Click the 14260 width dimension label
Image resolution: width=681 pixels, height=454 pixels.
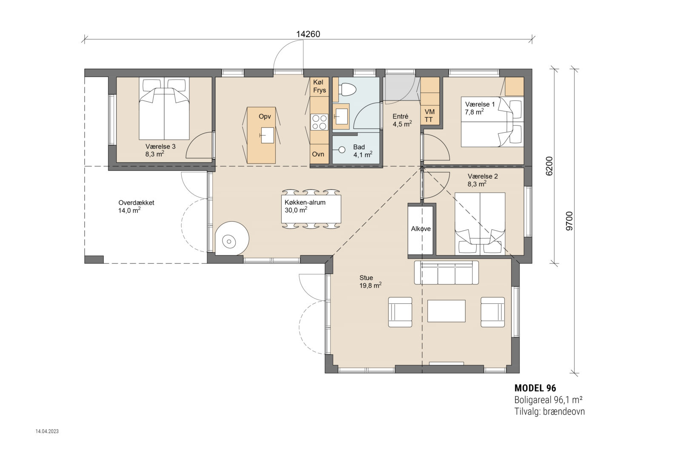point(308,34)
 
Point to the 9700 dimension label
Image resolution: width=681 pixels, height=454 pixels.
point(569,221)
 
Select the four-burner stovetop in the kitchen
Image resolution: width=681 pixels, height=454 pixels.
point(319,122)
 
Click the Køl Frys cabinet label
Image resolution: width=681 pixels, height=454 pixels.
point(319,86)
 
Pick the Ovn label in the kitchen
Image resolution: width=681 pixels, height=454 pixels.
point(318,154)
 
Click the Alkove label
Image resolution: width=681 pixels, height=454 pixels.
point(421,229)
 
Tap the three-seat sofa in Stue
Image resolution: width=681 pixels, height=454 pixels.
point(446,273)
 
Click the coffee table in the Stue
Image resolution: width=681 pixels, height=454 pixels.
point(446,311)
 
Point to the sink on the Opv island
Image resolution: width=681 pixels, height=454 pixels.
point(267,135)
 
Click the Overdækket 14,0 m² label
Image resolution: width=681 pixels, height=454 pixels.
point(136,206)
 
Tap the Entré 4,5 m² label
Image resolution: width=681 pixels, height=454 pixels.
point(402,120)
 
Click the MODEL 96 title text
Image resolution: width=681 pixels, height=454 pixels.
point(535,388)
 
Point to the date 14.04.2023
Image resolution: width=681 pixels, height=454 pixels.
point(47,431)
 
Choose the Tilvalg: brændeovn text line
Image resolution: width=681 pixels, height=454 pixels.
point(549,411)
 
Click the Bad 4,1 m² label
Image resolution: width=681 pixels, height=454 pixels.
point(362,151)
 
